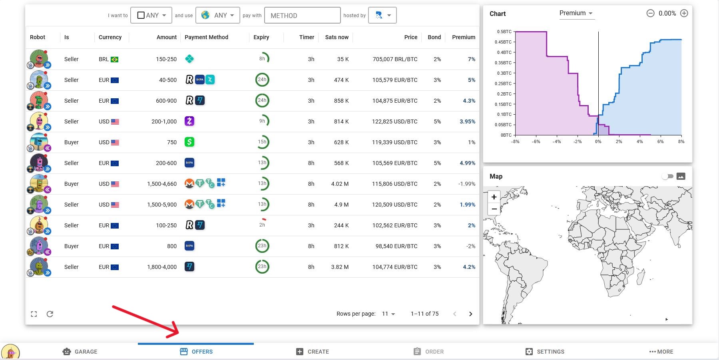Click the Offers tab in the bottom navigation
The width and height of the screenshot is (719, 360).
tap(196, 352)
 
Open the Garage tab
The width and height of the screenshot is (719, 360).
tap(80, 352)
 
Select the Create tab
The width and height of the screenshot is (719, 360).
tap(313, 352)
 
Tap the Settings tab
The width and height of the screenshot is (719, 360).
tap(545, 352)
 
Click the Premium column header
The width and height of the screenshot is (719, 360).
tap(463, 37)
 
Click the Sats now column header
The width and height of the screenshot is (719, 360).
tap(337, 37)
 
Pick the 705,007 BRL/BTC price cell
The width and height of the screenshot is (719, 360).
tap(395, 59)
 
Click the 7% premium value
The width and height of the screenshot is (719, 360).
tap(471, 59)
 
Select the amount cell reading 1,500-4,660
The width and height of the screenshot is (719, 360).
tap(162, 184)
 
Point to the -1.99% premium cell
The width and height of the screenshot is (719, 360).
tap(466, 184)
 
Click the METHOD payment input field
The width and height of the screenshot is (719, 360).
tap(302, 16)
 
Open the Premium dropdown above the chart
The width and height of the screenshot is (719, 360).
tap(576, 13)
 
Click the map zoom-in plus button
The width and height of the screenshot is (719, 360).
tap(494, 197)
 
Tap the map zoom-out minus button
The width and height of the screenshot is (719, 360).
tap(494, 209)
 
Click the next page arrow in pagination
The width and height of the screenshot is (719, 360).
tap(470, 314)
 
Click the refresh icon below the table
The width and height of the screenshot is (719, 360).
tap(50, 314)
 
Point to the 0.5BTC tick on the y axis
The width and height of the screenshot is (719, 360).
tap(504, 32)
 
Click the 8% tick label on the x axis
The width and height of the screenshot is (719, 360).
tap(681, 141)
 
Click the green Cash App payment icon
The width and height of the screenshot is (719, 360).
tap(189, 142)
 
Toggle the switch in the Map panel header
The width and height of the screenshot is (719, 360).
tap(667, 176)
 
